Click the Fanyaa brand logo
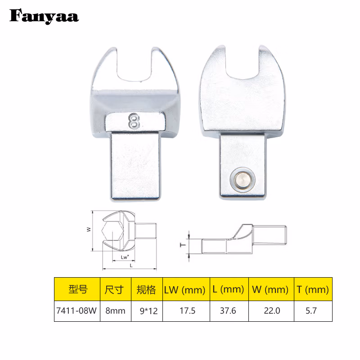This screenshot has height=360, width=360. (x=44, y=17)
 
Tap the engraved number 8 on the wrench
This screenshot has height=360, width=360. (x=134, y=121)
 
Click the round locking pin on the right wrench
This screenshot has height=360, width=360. (x=243, y=180)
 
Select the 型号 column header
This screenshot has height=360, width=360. (x=77, y=289)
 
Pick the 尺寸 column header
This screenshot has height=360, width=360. (x=114, y=289)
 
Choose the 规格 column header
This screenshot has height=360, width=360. (x=146, y=289)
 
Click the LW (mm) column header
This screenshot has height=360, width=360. (x=186, y=289)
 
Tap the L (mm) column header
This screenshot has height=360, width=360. (x=229, y=289)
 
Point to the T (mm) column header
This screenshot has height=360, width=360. (x=312, y=289)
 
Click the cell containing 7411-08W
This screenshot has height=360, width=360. (x=77, y=311)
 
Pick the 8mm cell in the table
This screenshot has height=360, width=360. (x=114, y=311)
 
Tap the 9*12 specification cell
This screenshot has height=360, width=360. (x=146, y=311)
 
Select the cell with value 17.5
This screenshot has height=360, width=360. (x=186, y=311)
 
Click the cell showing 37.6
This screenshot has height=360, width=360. (x=229, y=311)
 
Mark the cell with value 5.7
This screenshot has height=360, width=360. (x=312, y=311)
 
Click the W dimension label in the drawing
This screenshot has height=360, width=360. (x=89, y=229)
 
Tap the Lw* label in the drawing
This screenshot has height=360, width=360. (x=125, y=257)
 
